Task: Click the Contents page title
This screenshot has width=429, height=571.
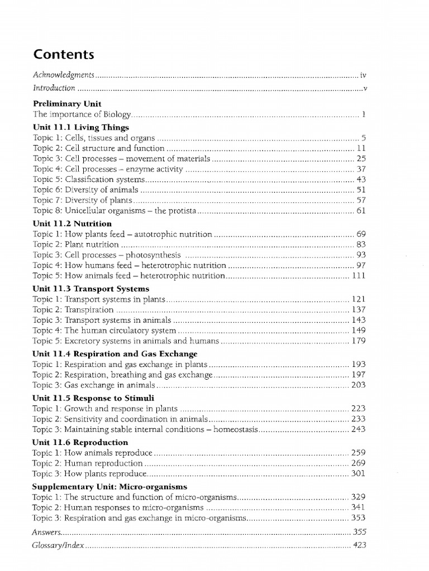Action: (x=64, y=54)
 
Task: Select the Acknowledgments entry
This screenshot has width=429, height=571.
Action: (x=65, y=74)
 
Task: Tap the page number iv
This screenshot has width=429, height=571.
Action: (x=363, y=74)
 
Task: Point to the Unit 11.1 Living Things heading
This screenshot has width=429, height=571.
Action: (x=80, y=128)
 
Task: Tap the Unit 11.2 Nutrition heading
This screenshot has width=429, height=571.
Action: (x=72, y=224)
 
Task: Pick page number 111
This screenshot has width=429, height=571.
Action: (x=358, y=275)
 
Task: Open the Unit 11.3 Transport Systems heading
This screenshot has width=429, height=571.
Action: (x=90, y=289)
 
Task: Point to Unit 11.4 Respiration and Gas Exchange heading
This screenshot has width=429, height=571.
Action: (x=115, y=354)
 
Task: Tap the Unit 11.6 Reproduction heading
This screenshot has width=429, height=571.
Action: (x=80, y=442)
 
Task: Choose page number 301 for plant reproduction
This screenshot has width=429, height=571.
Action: (x=358, y=473)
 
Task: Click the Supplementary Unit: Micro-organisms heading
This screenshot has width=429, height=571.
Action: (x=109, y=486)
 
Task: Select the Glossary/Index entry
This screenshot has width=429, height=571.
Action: (x=59, y=545)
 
